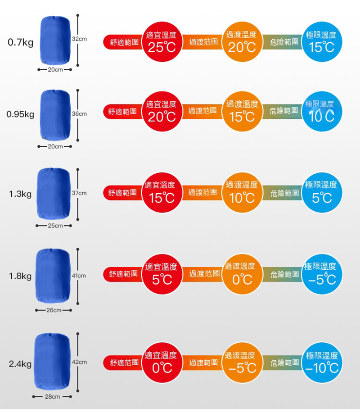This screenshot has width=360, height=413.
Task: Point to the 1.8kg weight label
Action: pos(20,276)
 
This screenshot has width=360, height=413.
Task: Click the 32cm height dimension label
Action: pos(80,40)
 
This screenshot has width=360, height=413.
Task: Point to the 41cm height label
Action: pos(79,275)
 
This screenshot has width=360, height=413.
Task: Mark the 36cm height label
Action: pos(79,114)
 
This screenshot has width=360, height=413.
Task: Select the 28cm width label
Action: pos(53,397)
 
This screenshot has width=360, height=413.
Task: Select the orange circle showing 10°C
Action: pos(242,193)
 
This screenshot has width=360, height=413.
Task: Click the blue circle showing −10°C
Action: pos(321,363)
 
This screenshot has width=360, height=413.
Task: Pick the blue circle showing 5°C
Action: pos(321,193)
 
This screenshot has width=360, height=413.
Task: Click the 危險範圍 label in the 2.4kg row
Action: pos(285,363)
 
